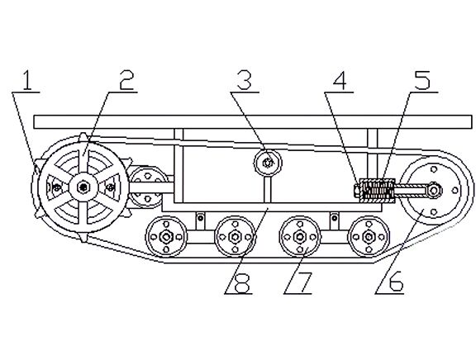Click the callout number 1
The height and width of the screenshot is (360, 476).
coord(27,80)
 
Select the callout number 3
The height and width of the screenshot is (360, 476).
coord(244,80)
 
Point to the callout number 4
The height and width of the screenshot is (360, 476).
coord(340,80)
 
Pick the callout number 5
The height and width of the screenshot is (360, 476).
coord(422,80)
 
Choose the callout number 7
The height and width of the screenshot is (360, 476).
coord(304,282)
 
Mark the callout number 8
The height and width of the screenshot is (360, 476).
coord(243,282)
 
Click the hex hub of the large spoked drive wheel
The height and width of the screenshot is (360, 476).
coord(83,187)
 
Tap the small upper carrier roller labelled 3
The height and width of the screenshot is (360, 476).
coord(268,163)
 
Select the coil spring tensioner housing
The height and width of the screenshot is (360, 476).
coord(377,190)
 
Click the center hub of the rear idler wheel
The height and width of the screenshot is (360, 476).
coord(435,190)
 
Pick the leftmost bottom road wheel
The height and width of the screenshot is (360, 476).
coord(166,237)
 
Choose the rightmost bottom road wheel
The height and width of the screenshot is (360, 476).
coord(369,236)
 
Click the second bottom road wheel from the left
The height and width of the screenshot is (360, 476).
coord(234,236)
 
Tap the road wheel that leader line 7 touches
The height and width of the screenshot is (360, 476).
coord(300,236)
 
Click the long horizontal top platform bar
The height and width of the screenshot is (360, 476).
coord(253,122)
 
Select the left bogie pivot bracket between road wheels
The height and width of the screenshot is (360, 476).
coord(200,221)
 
